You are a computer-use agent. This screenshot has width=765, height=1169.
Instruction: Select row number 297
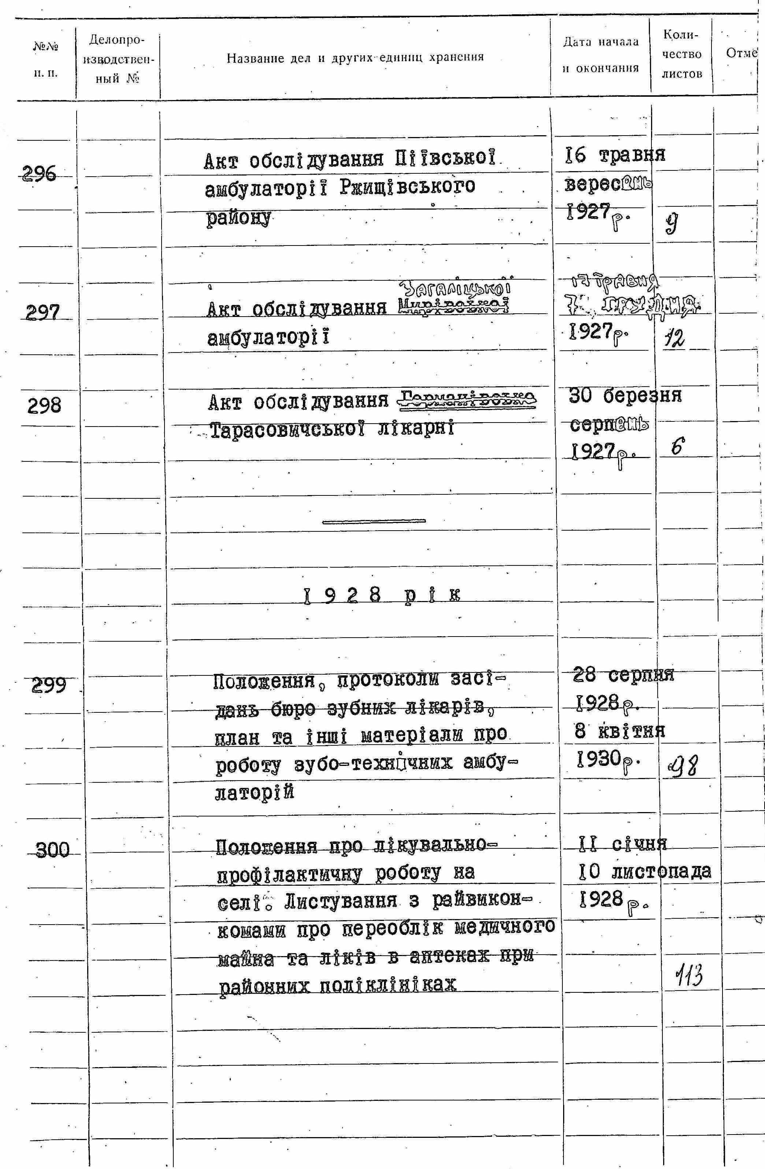[43, 312]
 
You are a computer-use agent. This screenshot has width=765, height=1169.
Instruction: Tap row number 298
[44, 406]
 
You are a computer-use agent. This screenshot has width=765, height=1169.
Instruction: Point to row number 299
[49, 685]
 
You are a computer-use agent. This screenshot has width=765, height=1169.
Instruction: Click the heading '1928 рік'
[382, 597]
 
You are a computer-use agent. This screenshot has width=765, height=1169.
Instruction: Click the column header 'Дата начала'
[600, 42]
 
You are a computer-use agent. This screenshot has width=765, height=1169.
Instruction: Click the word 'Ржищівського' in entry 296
[407, 187]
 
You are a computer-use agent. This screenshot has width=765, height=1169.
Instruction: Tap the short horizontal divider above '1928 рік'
[374, 521]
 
